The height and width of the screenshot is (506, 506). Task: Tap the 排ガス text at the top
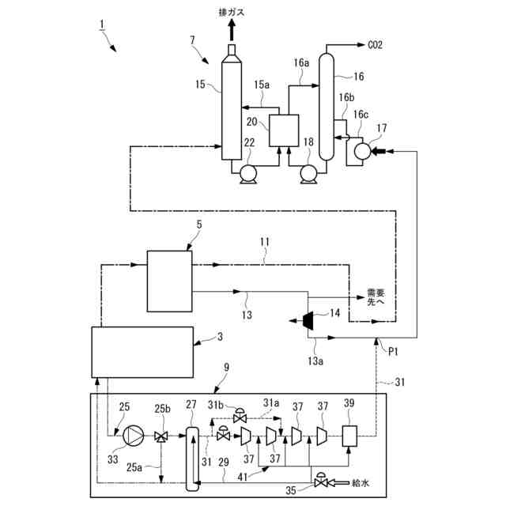click(x=232, y=12)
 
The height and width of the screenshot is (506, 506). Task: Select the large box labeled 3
click(x=142, y=353)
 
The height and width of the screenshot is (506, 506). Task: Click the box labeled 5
click(x=169, y=280)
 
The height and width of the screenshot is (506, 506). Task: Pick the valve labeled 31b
click(x=241, y=417)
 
